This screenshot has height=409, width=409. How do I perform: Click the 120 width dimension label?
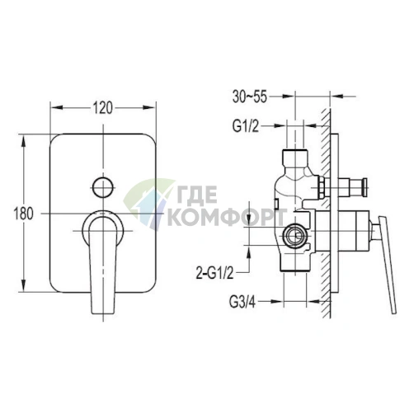coord(103,107)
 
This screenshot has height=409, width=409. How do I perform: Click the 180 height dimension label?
coord(24,214)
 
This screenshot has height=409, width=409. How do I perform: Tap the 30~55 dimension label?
coord(250,96)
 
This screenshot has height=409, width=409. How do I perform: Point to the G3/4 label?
coord(242,302)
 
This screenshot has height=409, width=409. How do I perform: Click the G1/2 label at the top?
coord(246,126)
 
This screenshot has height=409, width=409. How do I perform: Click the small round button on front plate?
coord(103,187)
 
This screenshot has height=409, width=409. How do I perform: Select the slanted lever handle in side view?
coord(387,265)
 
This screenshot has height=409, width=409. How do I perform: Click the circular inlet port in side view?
coord(294,235)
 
